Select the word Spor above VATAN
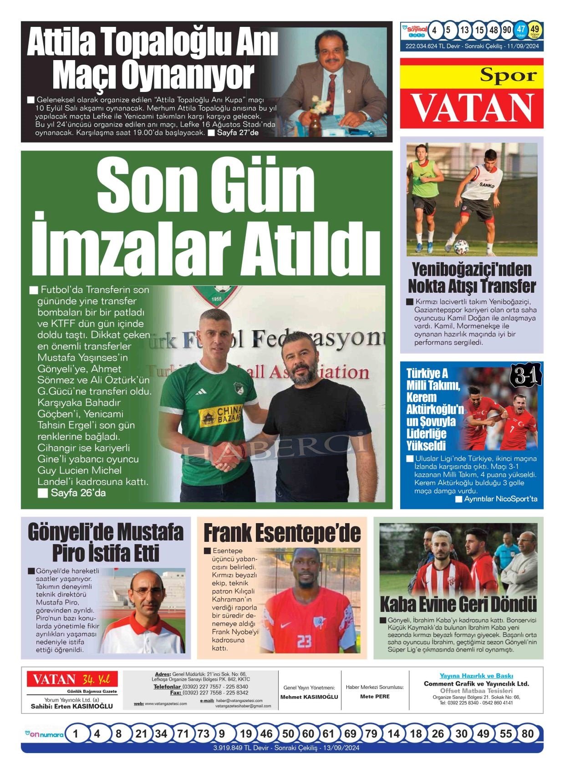[x=508, y=75]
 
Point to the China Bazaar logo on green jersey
[x=220, y=416]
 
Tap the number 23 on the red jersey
[x=304, y=641]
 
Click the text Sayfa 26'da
[x=78, y=493]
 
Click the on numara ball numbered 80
[x=527, y=733]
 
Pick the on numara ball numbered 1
[x=76, y=733]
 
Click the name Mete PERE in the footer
[x=375, y=696]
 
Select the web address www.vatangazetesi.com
[x=165, y=703]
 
